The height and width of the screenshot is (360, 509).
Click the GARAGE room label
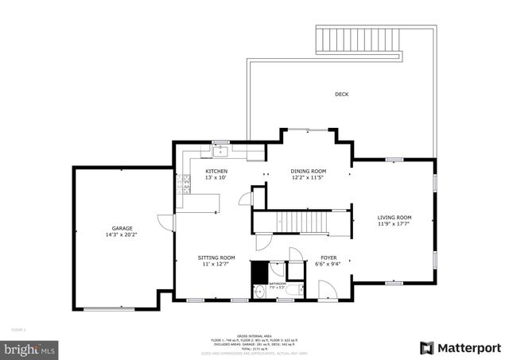[122, 227]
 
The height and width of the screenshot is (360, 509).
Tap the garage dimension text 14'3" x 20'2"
[122, 235]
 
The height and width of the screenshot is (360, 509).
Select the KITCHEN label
[216, 171]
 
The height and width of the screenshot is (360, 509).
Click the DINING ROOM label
[307, 171]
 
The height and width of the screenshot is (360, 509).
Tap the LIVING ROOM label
[394, 217]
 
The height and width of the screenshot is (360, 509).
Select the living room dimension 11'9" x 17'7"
[394, 224]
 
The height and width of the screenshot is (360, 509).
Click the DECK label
[341, 95]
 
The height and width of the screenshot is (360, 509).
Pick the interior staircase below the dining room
[302, 222]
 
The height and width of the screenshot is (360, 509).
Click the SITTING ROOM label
[216, 257]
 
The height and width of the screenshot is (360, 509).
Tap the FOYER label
[328, 257]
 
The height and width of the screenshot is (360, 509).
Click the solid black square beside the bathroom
[259, 273]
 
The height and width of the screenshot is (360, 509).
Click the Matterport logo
[460, 348]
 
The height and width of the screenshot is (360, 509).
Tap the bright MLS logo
[30, 348]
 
